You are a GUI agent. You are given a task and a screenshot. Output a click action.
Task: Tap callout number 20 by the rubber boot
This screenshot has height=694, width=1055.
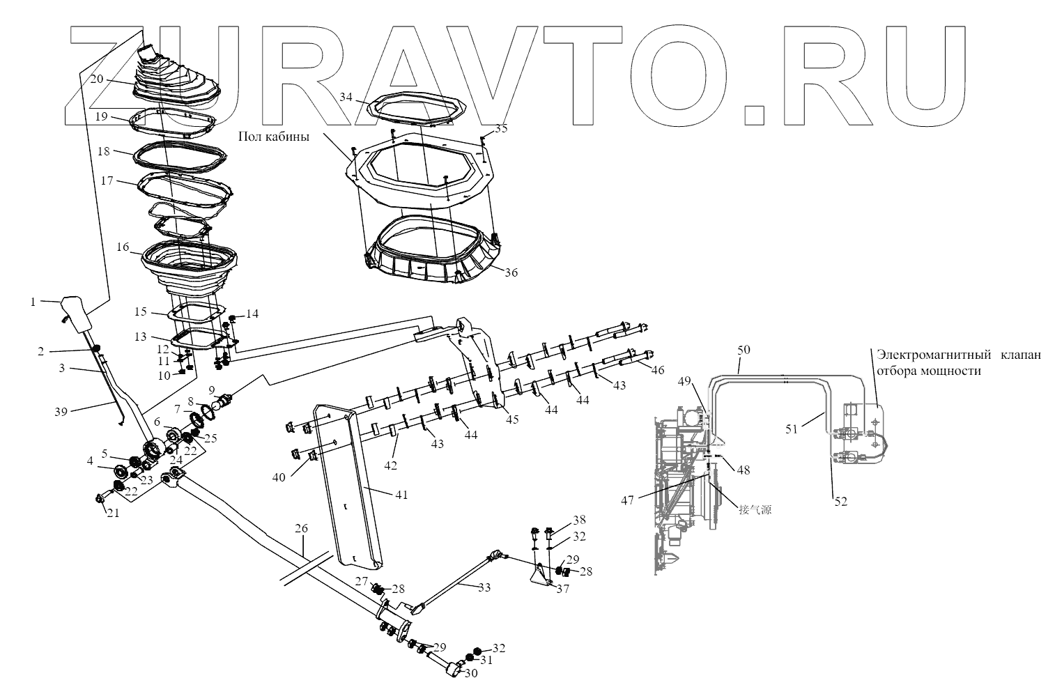coord(97,79)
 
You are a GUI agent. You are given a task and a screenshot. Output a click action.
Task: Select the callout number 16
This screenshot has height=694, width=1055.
coord(123,247)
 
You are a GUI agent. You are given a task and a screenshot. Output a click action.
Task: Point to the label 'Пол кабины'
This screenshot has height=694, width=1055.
coord(274,135)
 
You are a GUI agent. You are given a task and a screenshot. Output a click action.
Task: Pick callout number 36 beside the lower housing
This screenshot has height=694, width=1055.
coord(511,273)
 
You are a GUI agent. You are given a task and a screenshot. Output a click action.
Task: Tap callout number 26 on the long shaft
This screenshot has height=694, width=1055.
coord(300,529)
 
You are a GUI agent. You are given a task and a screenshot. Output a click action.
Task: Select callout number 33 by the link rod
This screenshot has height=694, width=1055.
coord(484,588)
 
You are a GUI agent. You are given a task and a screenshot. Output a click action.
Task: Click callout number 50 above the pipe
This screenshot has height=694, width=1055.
coord(744,348)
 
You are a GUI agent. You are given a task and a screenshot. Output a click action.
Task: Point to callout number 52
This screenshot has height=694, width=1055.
coord(841,500)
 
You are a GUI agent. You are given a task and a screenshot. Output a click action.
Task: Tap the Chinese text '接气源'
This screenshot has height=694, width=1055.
coord(755,509)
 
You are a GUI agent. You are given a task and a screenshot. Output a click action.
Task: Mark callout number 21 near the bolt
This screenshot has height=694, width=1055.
coord(113,513)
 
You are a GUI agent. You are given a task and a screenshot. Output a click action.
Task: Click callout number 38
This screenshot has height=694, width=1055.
coord(579,520)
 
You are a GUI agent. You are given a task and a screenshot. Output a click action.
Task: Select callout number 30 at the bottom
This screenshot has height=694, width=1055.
coord(471,674)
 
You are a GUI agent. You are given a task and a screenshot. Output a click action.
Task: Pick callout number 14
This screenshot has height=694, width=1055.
coord(252,314)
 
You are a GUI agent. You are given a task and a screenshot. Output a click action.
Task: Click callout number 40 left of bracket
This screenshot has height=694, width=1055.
coord(279,478)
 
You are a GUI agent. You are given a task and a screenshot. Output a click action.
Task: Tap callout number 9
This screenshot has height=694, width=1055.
coord(211,390)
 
